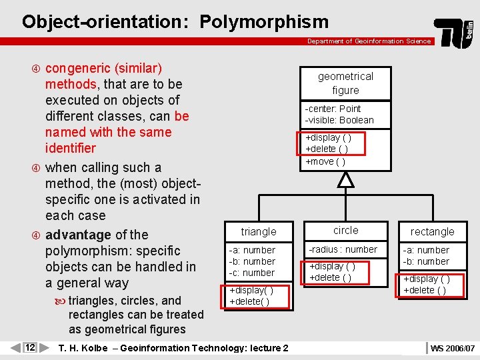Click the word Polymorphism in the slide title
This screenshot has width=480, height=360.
[263, 21]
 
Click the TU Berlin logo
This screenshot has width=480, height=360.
[454, 32]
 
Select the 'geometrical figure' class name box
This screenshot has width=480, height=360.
[345, 83]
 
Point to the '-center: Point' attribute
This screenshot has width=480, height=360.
[333, 109]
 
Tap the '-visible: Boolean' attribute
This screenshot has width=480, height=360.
[339, 120]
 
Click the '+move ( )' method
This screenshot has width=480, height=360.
[325, 161]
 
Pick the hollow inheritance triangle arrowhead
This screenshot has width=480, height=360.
[345, 179]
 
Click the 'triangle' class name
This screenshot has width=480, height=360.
[259, 231]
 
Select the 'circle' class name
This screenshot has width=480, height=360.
[345, 230]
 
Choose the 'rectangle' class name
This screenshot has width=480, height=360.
[432, 231]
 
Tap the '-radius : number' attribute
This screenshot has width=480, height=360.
[343, 249]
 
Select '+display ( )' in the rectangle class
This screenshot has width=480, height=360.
[426, 279]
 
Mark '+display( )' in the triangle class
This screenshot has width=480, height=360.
[251, 291]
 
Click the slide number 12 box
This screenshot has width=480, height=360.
[30, 347]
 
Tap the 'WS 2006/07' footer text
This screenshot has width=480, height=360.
[453, 348]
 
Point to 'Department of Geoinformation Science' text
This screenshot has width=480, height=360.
[369, 41]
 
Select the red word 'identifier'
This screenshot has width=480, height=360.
[71, 148]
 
